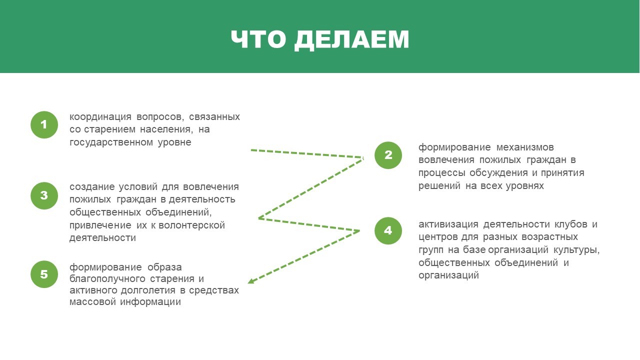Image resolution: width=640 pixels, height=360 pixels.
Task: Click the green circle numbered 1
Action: (x=44, y=125)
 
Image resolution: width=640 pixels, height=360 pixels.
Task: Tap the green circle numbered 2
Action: (x=388, y=155)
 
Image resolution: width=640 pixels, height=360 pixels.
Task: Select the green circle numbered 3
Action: (x=44, y=195)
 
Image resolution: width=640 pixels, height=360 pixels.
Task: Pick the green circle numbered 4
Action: (x=388, y=230)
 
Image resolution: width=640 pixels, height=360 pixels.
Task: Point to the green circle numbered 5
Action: (x=44, y=274)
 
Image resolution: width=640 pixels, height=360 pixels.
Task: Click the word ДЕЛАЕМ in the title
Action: (x=351, y=39)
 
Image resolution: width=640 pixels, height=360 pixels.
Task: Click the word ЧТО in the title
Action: (x=258, y=39)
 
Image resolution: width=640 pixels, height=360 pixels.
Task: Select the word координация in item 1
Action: (x=100, y=117)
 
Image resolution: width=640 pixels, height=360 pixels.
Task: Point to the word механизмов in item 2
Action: (x=525, y=147)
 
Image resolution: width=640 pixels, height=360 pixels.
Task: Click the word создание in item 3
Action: (x=91, y=187)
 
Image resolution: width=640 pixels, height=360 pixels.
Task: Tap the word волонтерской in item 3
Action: (x=191, y=225)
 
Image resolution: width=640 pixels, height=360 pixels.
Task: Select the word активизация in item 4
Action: (x=448, y=224)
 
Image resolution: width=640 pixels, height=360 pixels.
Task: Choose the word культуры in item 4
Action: (x=576, y=250)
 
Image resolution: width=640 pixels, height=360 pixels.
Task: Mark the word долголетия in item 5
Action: (x=148, y=290)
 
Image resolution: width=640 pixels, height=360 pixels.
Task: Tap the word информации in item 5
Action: (x=150, y=302)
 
